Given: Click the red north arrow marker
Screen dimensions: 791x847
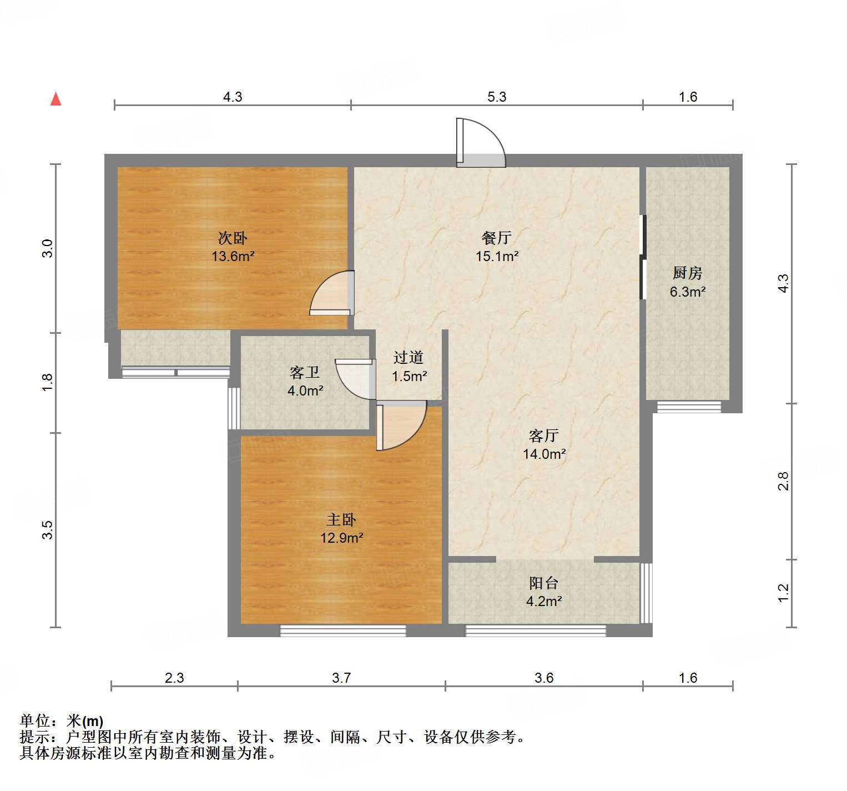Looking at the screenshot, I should [56, 99].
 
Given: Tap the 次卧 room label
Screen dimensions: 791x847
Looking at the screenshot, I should [232, 238].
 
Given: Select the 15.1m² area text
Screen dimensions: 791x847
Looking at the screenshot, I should [497, 256].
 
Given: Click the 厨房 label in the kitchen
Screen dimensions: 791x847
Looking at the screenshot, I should [687, 273].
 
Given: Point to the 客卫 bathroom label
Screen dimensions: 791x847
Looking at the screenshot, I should [305, 372].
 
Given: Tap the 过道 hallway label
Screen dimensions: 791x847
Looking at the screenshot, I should [409, 358].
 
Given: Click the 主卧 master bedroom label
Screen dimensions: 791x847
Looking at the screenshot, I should [341, 520].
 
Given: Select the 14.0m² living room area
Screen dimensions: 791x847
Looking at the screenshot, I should [544, 454].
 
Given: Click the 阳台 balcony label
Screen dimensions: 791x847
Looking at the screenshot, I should [543, 583].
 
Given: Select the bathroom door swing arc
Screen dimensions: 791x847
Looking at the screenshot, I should [355, 380].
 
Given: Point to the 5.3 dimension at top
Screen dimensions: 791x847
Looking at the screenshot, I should [497, 97].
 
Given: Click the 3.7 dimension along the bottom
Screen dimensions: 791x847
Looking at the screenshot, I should [341, 678].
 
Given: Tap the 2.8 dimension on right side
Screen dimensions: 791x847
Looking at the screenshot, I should [783, 480].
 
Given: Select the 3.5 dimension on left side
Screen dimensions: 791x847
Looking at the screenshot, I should [48, 529].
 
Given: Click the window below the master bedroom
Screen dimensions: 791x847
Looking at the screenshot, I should [342, 630].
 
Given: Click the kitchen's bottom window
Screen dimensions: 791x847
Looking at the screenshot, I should [689, 407].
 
